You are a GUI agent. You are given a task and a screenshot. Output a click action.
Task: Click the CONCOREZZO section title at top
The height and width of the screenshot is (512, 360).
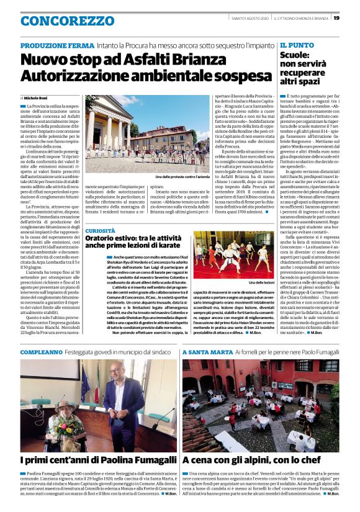(x=59, y=21)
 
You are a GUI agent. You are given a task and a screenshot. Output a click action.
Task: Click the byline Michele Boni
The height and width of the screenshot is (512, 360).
(x=38, y=98)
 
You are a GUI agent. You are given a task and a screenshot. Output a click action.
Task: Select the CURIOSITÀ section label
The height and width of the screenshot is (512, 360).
(x=100, y=230)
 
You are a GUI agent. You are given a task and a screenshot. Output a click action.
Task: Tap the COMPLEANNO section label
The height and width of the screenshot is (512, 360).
(x=41, y=352)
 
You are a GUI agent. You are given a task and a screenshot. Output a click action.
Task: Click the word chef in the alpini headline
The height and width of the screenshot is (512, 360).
(x=319, y=460)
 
